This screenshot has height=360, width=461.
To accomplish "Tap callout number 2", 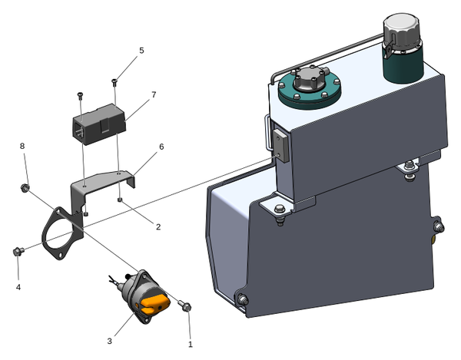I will point(158,226).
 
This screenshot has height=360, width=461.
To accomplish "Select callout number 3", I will point(110,340).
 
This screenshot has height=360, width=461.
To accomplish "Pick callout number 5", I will point(141,51).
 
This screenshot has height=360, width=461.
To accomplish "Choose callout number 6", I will point(161,147).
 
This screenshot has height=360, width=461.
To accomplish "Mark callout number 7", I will point(154,94).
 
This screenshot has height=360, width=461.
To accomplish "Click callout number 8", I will point(22,146).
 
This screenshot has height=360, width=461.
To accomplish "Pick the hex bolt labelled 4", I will point(18,251).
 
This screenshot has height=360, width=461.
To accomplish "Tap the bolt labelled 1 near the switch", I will point(186,307).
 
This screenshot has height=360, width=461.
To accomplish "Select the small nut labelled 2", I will point(121,201).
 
